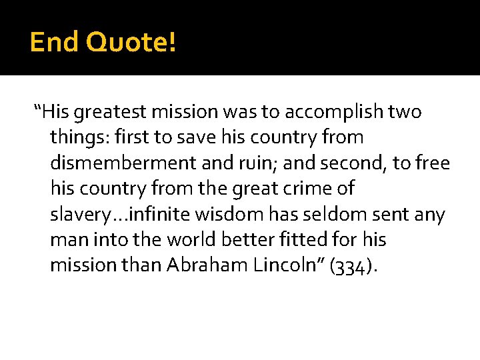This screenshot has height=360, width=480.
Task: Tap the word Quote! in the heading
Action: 131,42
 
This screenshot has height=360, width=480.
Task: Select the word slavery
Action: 77,215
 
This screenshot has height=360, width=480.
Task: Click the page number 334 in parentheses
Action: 351,266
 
